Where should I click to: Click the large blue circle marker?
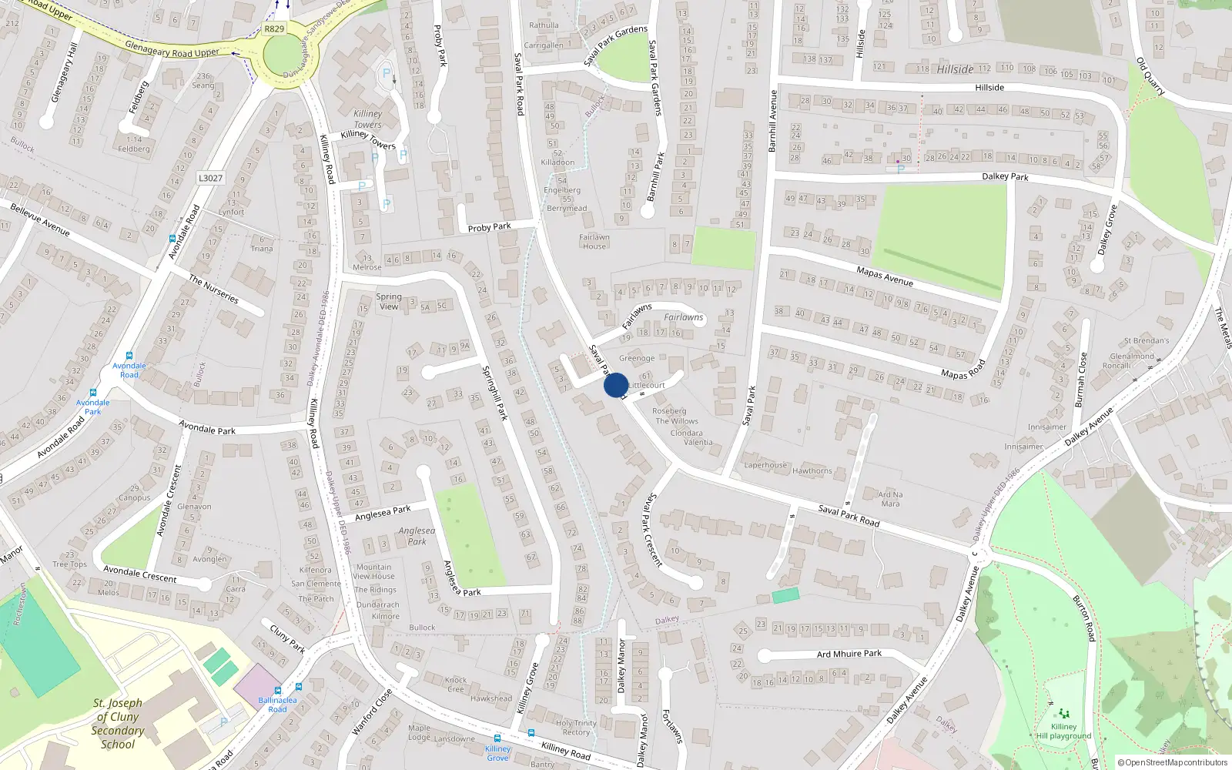click(x=615, y=385)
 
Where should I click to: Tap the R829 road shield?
click(x=274, y=28)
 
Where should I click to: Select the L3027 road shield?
click(x=210, y=178)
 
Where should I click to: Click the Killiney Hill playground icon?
click(x=1064, y=714)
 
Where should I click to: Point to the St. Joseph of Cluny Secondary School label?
click(x=118, y=723)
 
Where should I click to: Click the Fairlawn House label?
click(x=594, y=242)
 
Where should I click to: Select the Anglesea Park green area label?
click(x=417, y=536)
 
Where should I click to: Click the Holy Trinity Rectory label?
click(x=576, y=728)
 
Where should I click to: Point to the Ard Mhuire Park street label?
click(x=849, y=654)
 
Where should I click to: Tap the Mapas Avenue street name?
click(x=885, y=276)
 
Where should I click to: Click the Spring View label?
click(x=389, y=301)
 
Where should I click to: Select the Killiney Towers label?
click(x=367, y=119)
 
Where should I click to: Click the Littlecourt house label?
click(x=647, y=385)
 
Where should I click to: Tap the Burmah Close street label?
click(x=1081, y=380)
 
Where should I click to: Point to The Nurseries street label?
click(x=213, y=290)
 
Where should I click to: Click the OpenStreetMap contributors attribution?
click(x=1172, y=762)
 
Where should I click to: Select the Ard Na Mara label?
click(x=890, y=499)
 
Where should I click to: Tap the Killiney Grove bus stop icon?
click(x=497, y=738)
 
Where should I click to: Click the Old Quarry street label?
click(x=1150, y=77)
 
